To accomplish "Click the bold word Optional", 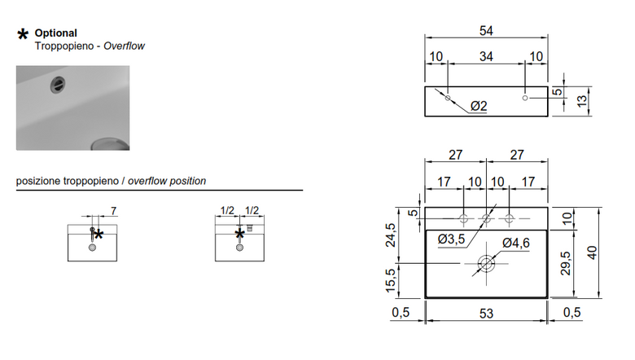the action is [56, 33].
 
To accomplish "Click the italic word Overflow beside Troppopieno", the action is [124, 46].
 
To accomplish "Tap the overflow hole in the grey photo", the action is [58, 85].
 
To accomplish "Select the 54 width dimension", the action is [486, 31].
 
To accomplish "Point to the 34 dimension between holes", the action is [486, 57].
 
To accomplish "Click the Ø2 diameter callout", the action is [479, 106].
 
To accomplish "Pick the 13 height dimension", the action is [581, 101].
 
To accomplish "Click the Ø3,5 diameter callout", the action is [452, 239].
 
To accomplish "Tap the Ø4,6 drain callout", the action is [516, 243].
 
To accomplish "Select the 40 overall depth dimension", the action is [592, 252].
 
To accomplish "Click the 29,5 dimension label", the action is [566, 264].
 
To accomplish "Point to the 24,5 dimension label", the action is [391, 235].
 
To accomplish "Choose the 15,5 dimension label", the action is [391, 281].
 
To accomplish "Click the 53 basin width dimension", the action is [486, 314].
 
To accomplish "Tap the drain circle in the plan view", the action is [486, 264].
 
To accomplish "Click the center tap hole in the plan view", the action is [486, 219].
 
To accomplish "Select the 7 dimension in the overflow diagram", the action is [114, 211].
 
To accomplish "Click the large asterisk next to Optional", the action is [23, 34].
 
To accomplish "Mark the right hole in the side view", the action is [525, 98].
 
